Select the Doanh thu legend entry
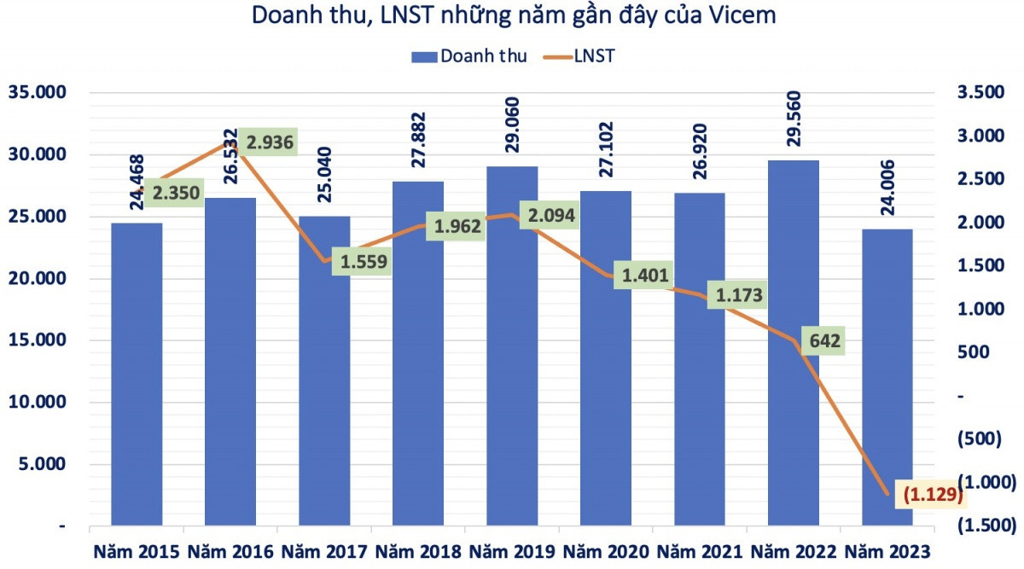pyautogui.click(x=468, y=56)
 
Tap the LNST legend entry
pyautogui.click(x=579, y=56)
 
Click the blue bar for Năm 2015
pyautogui.click(x=137, y=375)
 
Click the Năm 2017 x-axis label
pyautogui.click(x=324, y=551)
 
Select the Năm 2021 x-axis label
pyautogui.click(x=700, y=551)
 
